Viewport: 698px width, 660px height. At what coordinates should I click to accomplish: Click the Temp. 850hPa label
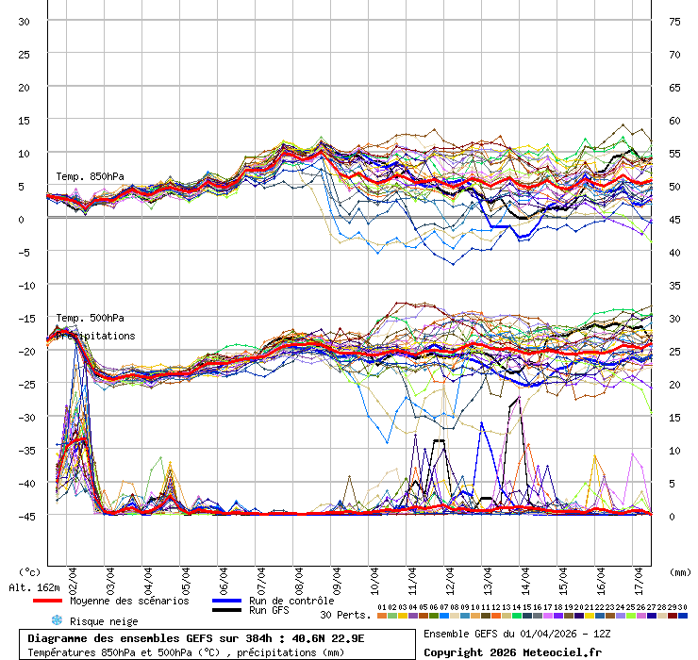tap(90, 176)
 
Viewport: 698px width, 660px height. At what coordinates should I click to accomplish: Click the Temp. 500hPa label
tap(90, 318)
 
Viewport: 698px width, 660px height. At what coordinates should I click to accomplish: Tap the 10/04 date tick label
tap(374, 573)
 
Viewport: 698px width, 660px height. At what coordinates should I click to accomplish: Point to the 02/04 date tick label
tap(73, 573)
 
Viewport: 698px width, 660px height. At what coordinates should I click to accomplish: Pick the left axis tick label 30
tap(25, 21)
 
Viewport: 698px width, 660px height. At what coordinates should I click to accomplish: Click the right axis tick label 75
tap(674, 21)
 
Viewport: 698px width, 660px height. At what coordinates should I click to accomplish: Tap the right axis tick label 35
tap(674, 285)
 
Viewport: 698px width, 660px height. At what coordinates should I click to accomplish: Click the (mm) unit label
tap(679, 572)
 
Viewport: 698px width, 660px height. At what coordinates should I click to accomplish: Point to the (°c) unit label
tap(29, 572)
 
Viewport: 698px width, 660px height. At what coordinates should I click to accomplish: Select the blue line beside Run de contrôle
tap(225, 601)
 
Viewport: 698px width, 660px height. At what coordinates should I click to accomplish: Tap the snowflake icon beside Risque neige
tap(56, 620)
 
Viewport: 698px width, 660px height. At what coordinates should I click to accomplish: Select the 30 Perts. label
tap(345, 615)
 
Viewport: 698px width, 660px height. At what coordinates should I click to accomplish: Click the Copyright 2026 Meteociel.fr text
tap(512, 652)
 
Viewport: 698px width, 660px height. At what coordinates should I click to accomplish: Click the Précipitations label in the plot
tap(95, 336)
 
